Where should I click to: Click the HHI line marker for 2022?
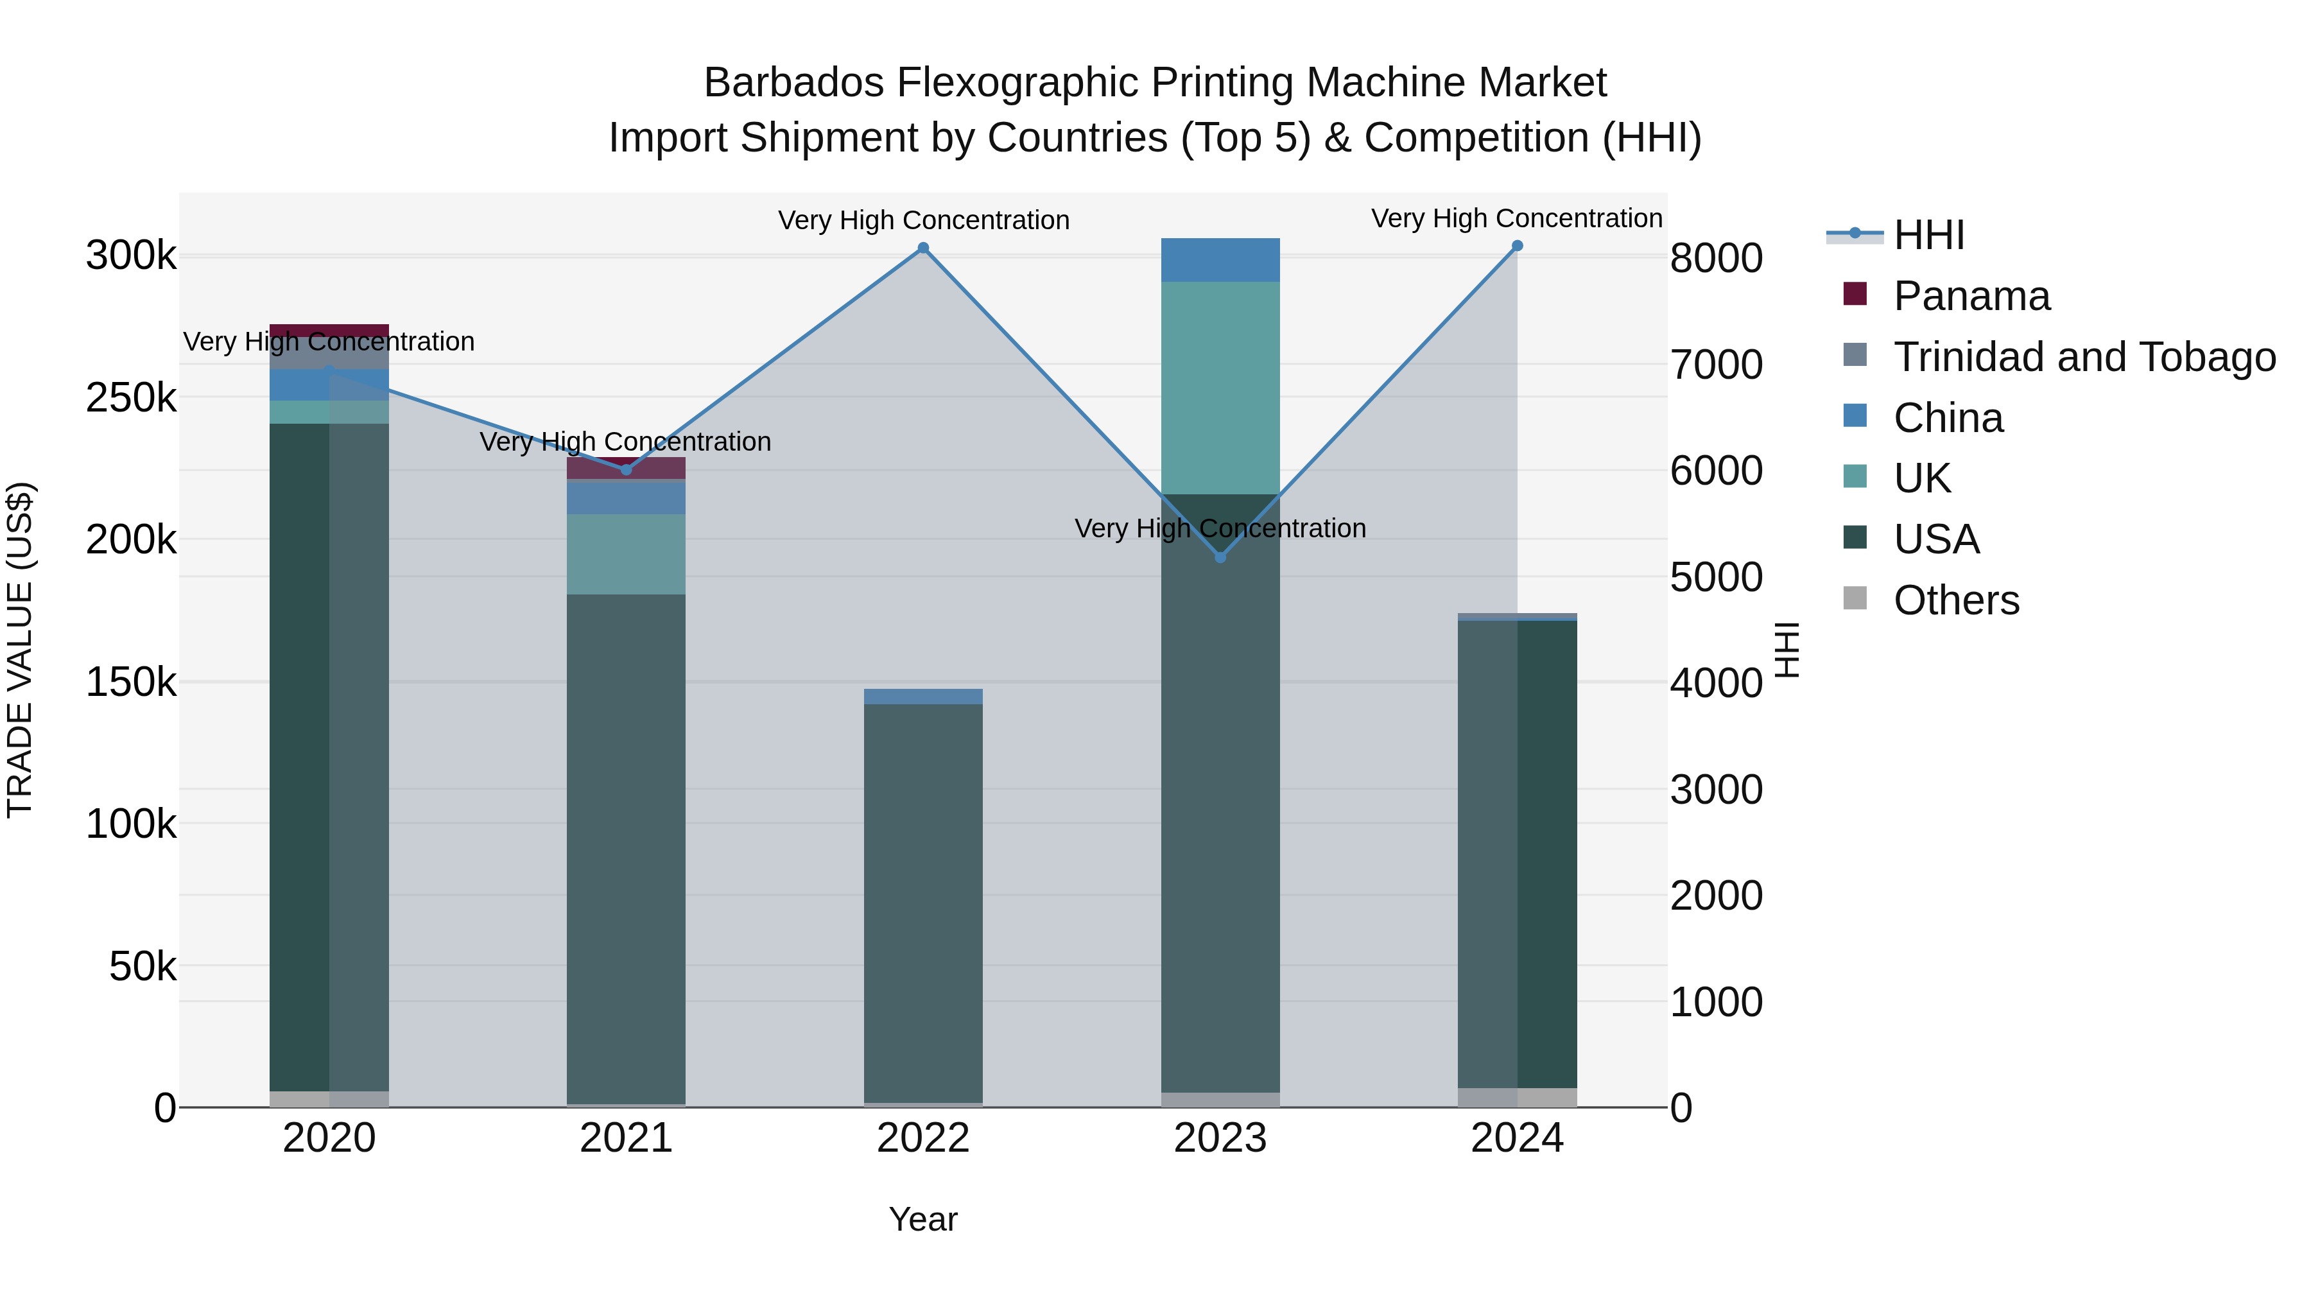point(923,248)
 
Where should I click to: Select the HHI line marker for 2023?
point(1220,557)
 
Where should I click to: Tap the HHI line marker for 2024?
point(1517,246)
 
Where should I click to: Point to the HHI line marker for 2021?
point(626,470)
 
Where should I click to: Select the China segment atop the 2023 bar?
point(1220,260)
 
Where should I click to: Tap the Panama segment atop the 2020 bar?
point(329,330)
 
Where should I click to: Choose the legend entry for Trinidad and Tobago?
point(2084,357)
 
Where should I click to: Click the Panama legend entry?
point(1971,296)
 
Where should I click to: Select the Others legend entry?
point(1956,600)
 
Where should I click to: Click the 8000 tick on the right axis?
point(1716,258)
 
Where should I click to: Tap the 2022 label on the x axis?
point(923,1138)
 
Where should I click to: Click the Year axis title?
point(923,1219)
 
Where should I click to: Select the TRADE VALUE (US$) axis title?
point(21,650)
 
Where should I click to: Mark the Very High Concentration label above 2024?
point(1516,218)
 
